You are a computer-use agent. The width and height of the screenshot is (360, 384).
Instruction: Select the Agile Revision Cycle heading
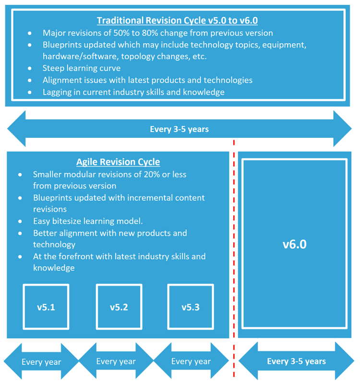(x=118, y=162)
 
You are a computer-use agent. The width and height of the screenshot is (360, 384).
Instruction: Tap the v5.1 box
(x=46, y=307)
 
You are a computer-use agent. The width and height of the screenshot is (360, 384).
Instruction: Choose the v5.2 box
(x=119, y=307)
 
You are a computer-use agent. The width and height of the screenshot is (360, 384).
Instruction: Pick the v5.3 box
(x=191, y=307)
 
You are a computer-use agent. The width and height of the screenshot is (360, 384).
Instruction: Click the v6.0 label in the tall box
(x=294, y=244)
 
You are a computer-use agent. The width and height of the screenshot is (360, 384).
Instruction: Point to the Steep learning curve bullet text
(x=82, y=68)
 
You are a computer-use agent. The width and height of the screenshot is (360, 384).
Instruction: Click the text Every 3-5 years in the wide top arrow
(x=179, y=129)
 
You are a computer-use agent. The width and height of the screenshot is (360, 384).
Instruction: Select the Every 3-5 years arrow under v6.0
(x=296, y=361)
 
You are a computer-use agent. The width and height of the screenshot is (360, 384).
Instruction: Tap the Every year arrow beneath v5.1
(x=41, y=362)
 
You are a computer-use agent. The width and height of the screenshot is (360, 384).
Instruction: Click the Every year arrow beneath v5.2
(x=116, y=361)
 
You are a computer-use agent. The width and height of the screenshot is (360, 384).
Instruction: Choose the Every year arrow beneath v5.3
(x=191, y=361)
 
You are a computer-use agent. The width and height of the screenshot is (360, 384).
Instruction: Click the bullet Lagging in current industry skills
(x=133, y=92)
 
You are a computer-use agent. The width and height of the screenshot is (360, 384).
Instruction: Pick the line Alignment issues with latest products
(x=147, y=80)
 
